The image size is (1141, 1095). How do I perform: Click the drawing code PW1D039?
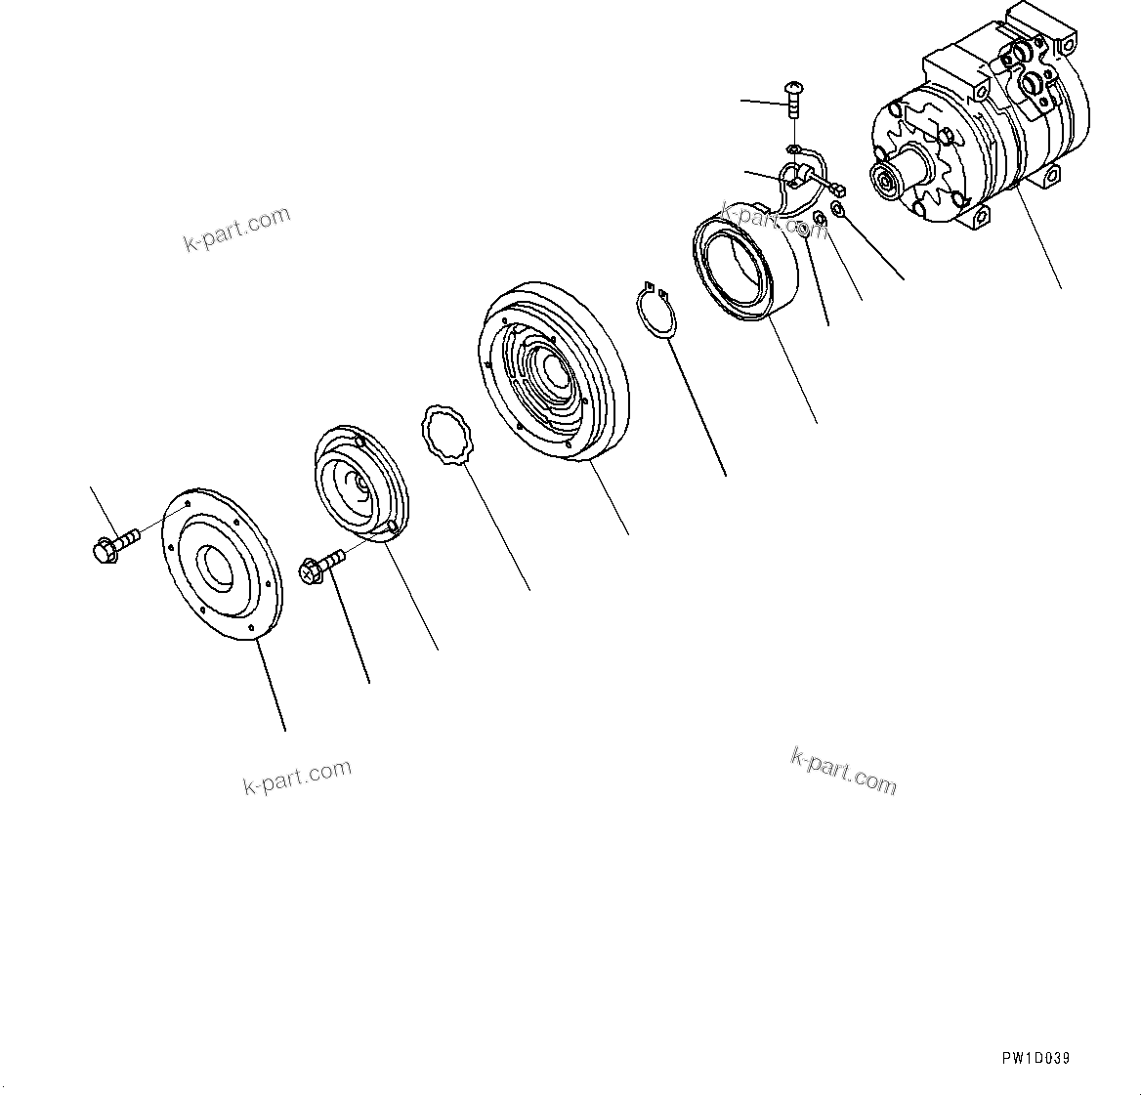click(1035, 1059)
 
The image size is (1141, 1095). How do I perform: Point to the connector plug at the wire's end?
click(838, 190)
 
